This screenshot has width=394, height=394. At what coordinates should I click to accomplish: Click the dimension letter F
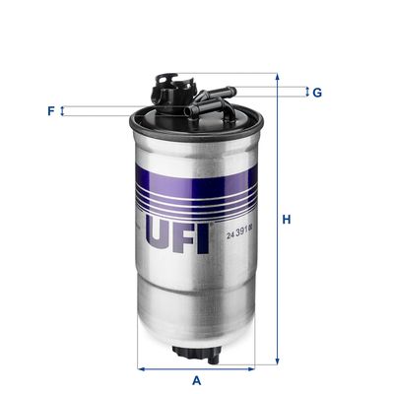pos(50,110)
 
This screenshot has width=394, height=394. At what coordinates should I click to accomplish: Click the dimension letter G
pos(317,93)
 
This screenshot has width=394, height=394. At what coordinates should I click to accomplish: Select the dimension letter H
pos(286,219)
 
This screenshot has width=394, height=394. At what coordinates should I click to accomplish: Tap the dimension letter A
pos(197,380)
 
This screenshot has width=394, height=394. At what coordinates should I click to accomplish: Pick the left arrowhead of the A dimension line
pos(139,369)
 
